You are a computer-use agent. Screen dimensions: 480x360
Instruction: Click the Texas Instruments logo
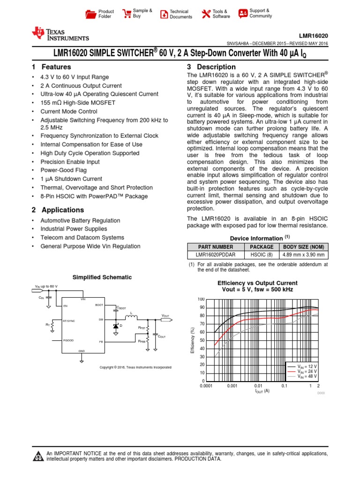pos(60,34)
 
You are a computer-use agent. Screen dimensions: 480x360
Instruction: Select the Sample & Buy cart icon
pos(127,14)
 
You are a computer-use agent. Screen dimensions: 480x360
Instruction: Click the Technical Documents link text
pos(180,14)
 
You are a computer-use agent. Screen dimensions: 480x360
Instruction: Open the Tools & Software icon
pos(221,14)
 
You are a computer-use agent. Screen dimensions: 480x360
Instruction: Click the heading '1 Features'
pos(51,67)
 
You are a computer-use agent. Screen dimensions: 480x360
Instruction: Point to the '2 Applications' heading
pos(58,210)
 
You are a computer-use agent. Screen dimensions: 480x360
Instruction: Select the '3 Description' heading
pos(211,67)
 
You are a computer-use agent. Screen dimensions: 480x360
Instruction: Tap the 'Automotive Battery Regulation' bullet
pos(80,220)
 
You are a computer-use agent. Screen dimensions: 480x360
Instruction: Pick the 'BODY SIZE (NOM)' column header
pos(304,247)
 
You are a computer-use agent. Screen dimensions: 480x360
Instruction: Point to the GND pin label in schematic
pos(81,351)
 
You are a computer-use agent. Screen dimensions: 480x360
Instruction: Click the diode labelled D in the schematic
pos(115,325)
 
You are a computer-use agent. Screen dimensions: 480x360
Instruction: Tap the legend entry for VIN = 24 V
pos(308,371)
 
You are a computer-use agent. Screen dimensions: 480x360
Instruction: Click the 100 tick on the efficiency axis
pos(201,299)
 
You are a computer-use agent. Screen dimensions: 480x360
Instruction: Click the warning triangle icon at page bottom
pos(37,456)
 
